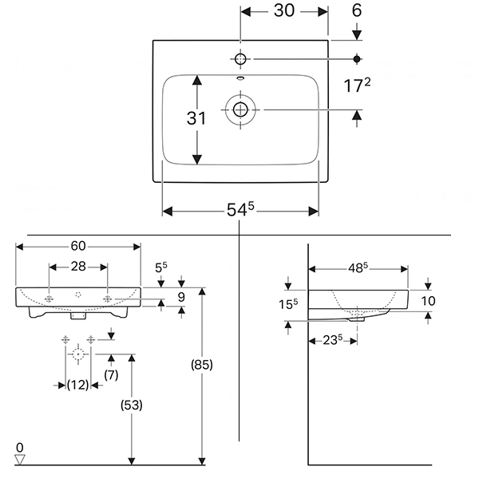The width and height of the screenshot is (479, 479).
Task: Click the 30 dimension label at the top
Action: tap(284, 11)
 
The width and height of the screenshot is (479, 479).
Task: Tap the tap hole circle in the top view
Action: tap(240, 59)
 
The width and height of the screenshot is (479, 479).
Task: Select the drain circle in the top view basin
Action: tap(240, 109)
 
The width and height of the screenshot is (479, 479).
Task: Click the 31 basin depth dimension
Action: tap(196, 118)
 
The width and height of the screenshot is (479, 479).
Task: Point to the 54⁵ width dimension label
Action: tap(240, 209)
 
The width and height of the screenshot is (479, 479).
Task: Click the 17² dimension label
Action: tap(357, 85)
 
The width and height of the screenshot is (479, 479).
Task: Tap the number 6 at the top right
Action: tap(357, 10)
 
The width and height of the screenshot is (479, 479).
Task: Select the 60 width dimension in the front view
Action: tap(78, 246)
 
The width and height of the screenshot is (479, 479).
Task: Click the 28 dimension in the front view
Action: tap(78, 267)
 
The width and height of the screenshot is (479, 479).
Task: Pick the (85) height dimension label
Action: tap(202, 365)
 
